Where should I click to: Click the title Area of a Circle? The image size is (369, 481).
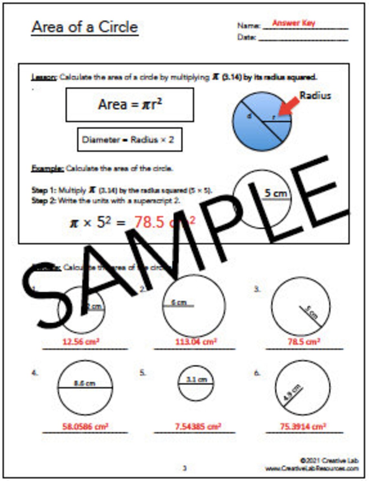coord(85,27)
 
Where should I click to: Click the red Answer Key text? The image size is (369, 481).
coord(294,23)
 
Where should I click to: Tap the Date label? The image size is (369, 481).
coord(246,38)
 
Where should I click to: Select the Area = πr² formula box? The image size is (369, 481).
coord(130,105)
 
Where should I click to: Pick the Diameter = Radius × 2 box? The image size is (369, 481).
coord(129,140)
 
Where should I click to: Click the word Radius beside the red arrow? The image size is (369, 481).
coord(315,95)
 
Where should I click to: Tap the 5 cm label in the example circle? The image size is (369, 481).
coord(276,193)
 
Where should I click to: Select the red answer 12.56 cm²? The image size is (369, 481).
coord(81,341)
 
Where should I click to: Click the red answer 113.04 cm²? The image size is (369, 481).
coord(196,341)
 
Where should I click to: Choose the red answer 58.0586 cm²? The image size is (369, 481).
coord(85,426)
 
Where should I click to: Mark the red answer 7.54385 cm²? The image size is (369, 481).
coord(198,426)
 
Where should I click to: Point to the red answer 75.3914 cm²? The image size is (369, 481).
coord(303,426)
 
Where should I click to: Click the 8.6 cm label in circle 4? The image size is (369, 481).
coord(85,383)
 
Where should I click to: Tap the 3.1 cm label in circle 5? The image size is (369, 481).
coord(196,379)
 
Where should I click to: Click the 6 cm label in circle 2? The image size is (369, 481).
coord(179,302)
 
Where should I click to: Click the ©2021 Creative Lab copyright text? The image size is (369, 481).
coord(329,460)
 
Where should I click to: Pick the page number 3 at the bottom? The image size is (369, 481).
coord(184,468)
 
